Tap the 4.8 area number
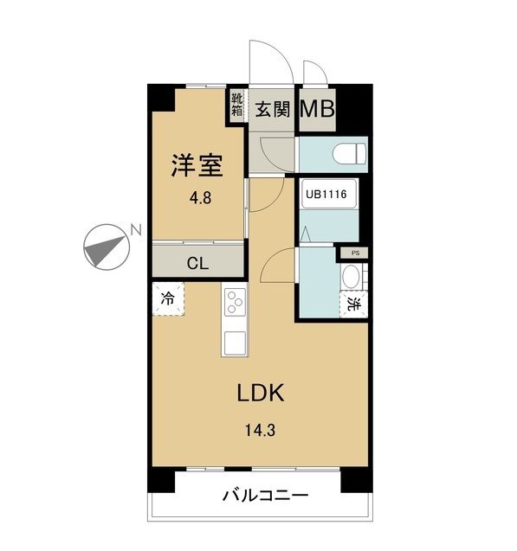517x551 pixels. point(200,198)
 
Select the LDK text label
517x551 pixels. point(261,393)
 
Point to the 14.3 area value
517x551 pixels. point(260,430)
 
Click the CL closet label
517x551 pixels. point(197,263)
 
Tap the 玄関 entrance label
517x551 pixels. point(273,109)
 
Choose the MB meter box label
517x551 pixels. point(317,109)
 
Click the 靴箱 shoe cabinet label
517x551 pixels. point(237,105)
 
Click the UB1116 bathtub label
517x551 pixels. point(326,194)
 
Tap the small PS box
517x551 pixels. point(356,253)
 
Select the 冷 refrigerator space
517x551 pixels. point(168,298)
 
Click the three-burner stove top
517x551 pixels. point(235,302)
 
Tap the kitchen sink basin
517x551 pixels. point(235,343)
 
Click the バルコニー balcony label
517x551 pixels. point(266,496)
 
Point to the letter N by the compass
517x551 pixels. point(136,229)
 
